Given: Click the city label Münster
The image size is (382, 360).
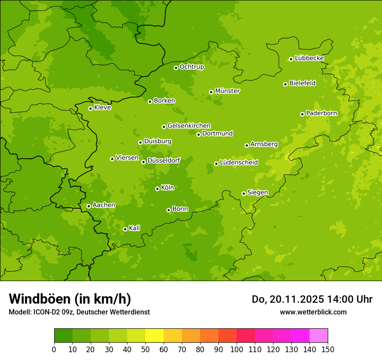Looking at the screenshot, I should point(227,91).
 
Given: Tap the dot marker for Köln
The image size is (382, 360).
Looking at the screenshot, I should point(157,189).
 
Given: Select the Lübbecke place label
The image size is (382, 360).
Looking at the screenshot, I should point(309,58).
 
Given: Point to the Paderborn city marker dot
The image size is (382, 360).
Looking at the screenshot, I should point(302,114).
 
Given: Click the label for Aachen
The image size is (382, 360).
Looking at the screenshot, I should point(104,205).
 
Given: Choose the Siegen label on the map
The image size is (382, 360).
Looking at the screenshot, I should point(257,193).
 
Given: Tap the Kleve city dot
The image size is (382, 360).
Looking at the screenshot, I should point(90,108).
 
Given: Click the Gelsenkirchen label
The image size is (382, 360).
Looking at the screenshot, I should point(189,126).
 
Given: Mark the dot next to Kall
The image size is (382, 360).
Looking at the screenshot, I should point(125,229).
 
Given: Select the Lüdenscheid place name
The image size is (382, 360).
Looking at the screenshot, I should point(239,163).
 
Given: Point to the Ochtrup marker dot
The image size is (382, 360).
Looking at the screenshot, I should point(176,68).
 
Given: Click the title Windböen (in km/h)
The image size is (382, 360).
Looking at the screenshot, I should point(70,299).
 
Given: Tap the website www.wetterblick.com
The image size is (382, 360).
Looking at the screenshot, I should point(313,312).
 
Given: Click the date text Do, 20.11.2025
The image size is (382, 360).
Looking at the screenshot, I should point(287,299).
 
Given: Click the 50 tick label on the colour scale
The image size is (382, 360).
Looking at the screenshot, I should point(145,349).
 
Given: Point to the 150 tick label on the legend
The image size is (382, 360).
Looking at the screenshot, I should point(328,349).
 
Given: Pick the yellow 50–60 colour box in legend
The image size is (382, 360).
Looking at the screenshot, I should point(155,336).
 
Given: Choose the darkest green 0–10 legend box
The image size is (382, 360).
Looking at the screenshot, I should point(63,336).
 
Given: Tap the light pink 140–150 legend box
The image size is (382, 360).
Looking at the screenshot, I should point(319,336).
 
